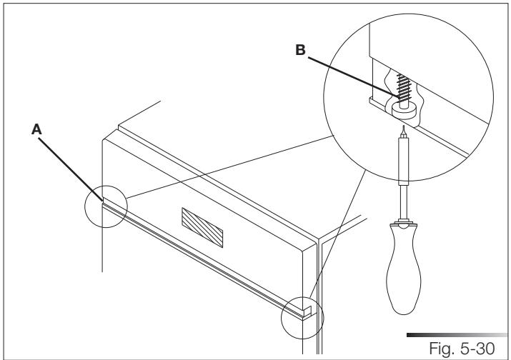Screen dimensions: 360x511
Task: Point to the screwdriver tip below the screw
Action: click(x=405, y=130)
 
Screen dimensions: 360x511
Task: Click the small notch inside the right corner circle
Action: click(x=305, y=311)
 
